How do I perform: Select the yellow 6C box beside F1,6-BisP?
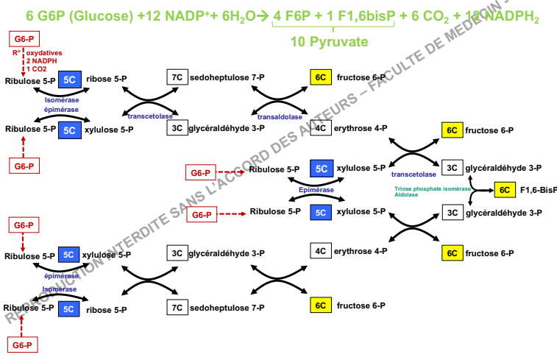point(504,190)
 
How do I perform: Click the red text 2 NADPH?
point(41,61)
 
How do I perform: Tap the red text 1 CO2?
point(37,68)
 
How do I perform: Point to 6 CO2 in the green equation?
point(424,16)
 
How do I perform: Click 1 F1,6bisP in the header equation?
point(357,15)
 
